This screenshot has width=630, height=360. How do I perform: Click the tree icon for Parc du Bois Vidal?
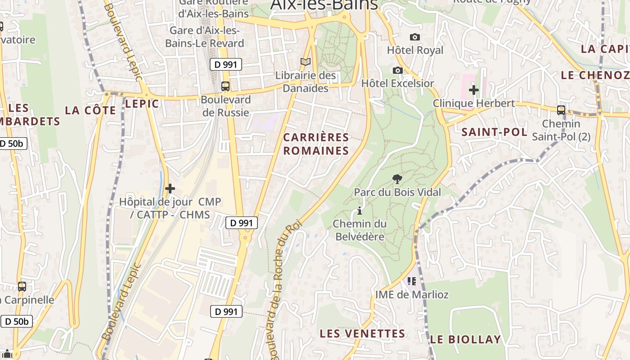[397, 179]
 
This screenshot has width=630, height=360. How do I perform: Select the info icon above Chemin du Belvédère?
[359, 211]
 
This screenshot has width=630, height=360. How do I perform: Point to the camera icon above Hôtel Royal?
[414, 37]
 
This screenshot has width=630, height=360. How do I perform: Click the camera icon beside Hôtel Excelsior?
[397, 70]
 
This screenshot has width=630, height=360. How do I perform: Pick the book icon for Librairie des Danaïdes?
[306, 62]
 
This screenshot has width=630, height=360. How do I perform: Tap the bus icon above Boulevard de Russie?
[225, 86]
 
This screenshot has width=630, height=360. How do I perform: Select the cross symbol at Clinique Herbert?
[473, 90]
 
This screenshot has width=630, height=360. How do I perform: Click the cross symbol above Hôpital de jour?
[170, 189]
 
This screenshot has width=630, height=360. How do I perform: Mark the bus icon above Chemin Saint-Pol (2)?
[561, 110]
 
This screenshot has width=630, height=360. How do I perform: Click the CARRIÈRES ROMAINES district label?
[316, 144]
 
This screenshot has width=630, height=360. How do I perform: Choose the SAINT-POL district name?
[494, 132]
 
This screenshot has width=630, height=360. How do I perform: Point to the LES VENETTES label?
[362, 333]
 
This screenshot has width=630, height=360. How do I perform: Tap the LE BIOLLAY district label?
[465, 339]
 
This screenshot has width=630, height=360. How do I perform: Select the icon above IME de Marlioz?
[411, 281]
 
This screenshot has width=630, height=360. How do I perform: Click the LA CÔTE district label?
[90, 110]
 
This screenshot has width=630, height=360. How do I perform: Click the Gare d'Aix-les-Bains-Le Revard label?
[204, 37]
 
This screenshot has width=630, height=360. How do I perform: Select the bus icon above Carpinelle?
[22, 286]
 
